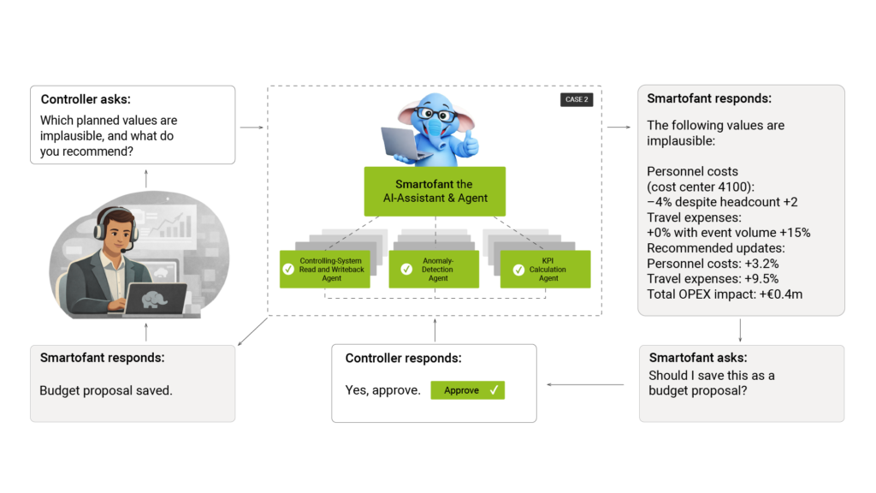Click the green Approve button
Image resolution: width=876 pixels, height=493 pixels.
pos(467,390)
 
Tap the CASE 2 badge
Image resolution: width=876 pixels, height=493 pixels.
pos(576,99)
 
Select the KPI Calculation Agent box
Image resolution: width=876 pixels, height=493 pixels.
pos(545,269)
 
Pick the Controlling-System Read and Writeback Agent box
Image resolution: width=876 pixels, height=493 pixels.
pos(325,269)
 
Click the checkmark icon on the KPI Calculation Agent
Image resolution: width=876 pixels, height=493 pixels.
pos(518,270)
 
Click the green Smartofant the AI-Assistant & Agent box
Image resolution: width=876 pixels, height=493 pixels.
pos(435,191)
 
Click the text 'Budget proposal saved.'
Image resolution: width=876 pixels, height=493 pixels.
pos(105,390)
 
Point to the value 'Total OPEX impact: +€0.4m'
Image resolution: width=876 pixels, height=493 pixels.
pos(724,294)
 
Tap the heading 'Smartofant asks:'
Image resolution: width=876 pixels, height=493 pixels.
pos(697,358)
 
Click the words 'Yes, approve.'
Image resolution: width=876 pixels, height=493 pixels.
pos(382,390)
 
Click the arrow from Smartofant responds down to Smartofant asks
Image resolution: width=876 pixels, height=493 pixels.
pos(740,330)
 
